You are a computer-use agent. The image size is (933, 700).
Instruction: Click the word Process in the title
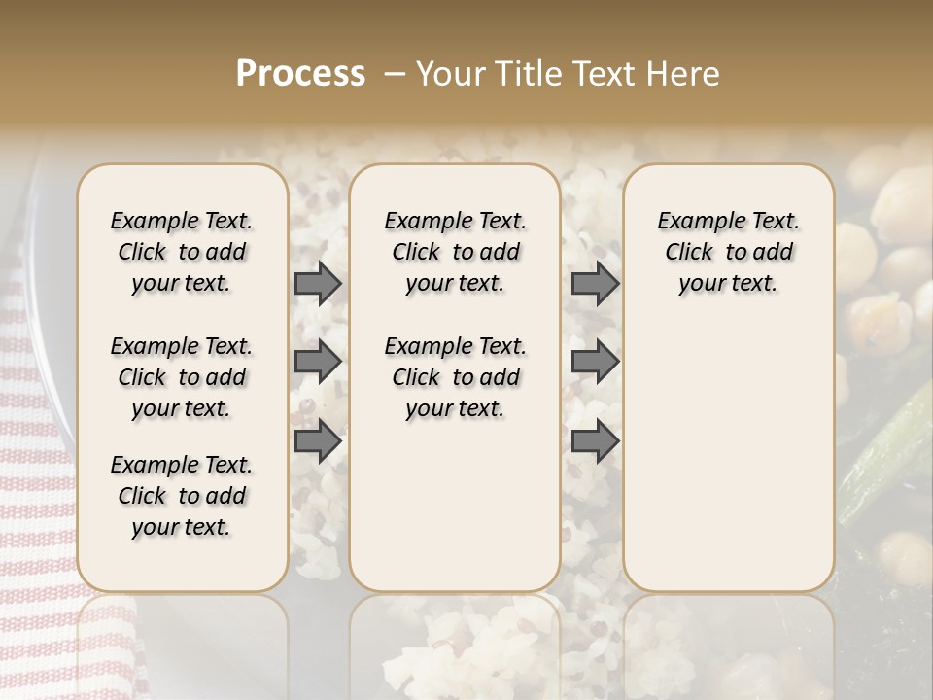pyautogui.click(x=300, y=74)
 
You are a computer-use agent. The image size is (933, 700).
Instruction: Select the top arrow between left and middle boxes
pyautogui.click(x=317, y=283)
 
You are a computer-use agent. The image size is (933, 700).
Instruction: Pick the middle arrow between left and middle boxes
pyautogui.click(x=317, y=362)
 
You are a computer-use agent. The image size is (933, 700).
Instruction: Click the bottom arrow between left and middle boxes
pyautogui.click(x=317, y=440)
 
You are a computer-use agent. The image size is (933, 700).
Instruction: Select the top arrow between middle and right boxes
pyautogui.click(x=595, y=283)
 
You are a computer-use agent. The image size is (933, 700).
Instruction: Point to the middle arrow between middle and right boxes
pyautogui.click(x=595, y=362)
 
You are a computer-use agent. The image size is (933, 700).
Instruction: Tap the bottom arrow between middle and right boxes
pyautogui.click(x=595, y=440)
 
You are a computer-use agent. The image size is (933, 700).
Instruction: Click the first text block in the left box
pyautogui.click(x=182, y=252)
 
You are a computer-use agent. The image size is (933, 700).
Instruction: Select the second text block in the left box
pyautogui.click(x=182, y=377)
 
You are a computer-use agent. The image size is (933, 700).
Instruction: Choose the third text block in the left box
pyautogui.click(x=182, y=496)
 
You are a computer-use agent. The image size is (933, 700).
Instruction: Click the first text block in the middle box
pyautogui.click(x=456, y=252)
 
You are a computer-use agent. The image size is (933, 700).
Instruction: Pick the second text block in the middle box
pyautogui.click(x=456, y=377)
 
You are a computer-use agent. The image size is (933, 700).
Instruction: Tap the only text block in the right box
pyautogui.click(x=729, y=252)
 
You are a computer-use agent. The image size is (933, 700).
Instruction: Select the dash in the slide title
pyautogui.click(x=395, y=75)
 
